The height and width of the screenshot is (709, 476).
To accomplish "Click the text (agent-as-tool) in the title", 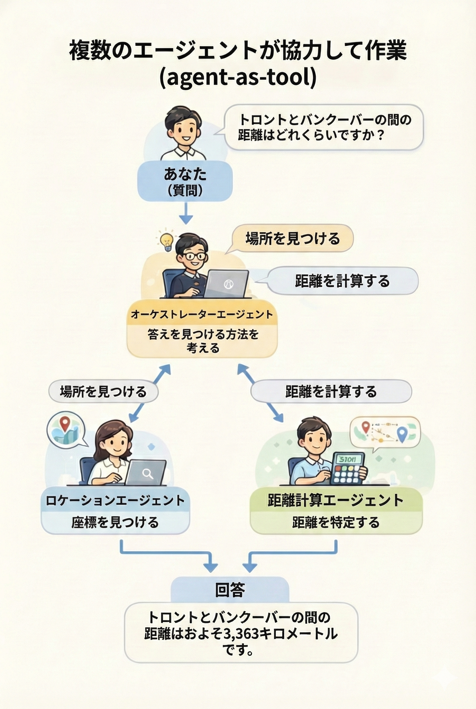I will tap(238, 77).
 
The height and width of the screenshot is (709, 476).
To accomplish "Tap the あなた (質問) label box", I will tap(185, 181).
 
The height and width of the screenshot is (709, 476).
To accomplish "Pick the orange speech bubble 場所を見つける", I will tap(292, 238).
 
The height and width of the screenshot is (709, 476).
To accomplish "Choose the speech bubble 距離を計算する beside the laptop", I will tap(342, 281).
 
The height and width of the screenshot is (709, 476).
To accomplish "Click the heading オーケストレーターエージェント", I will tap(202, 315).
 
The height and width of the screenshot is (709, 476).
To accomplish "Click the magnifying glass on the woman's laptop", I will tap(148, 473).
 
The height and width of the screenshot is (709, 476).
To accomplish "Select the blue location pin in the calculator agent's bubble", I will tap(402, 434).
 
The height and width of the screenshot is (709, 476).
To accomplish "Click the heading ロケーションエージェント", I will tap(115, 500).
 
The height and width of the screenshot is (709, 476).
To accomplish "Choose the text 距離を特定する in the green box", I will tap(336, 522).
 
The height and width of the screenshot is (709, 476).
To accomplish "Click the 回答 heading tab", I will tap(230, 590).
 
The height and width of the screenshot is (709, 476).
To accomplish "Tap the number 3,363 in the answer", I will tap(241, 634).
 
